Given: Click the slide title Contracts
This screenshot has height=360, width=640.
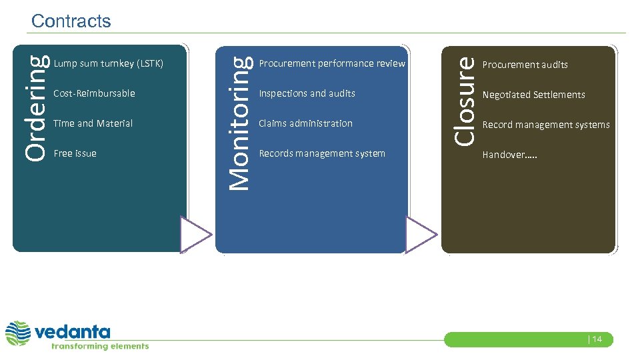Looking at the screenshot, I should [71, 21].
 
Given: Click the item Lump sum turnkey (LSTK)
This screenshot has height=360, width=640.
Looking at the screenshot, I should [108, 64].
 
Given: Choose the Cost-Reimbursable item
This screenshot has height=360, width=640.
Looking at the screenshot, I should [94, 93].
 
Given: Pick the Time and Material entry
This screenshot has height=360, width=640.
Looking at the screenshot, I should [93, 123].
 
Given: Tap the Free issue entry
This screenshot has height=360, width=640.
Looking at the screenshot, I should [75, 153].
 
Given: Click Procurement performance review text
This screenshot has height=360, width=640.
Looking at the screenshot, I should [332, 64].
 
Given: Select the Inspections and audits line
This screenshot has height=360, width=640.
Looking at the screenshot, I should [307, 93].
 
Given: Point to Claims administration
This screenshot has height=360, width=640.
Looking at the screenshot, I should [305, 123].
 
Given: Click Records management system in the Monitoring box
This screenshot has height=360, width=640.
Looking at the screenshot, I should [322, 153].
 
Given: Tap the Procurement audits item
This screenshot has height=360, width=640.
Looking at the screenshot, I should [525, 65].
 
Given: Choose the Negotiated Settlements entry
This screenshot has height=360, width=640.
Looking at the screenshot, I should [534, 95].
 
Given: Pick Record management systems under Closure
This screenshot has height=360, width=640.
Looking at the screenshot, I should [546, 125].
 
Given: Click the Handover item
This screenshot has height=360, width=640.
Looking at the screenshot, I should [509, 155].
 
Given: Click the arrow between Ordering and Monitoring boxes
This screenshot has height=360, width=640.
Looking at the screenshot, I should [195, 235].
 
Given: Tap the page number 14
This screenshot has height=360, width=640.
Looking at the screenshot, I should [595, 339].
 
